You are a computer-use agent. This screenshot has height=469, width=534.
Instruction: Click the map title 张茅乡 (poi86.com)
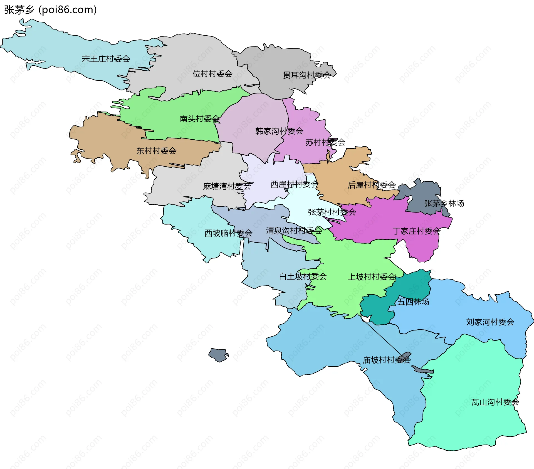coord(50,10)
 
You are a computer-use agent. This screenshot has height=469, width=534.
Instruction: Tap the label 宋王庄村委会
coord(106,59)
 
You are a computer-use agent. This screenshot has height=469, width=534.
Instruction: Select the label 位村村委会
coord(212,74)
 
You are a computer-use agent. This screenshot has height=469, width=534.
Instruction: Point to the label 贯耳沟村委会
coord(307,75)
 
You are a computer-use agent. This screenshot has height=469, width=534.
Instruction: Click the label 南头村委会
coord(199,119)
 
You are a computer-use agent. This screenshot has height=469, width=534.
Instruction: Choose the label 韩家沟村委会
coord(279,131)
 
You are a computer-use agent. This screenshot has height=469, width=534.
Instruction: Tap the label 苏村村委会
coord(325,142)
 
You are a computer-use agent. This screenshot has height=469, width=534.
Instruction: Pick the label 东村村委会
coord(156,151)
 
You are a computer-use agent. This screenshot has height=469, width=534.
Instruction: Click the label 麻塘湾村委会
coord(227,186)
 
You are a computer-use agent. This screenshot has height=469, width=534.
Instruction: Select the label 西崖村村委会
coord(294,184)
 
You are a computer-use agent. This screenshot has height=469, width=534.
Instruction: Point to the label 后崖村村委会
coord(372,185)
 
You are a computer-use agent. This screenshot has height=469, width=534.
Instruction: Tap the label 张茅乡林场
coord(444,203)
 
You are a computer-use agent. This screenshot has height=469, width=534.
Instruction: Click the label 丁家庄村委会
coord(416,231)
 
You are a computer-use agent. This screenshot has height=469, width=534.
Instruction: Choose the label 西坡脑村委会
coord(228,233)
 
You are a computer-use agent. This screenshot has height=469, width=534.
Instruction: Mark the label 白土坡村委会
coord(303,276)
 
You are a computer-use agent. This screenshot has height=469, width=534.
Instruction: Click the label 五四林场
coord(413,302)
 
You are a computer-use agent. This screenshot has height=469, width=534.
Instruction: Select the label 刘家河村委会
coord(490,322)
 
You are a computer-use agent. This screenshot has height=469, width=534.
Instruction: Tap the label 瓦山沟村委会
coord(495,402)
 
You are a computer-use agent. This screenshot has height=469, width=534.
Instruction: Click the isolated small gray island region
coord(219,355)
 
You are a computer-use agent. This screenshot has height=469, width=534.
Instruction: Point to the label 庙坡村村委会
coord(387,360)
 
